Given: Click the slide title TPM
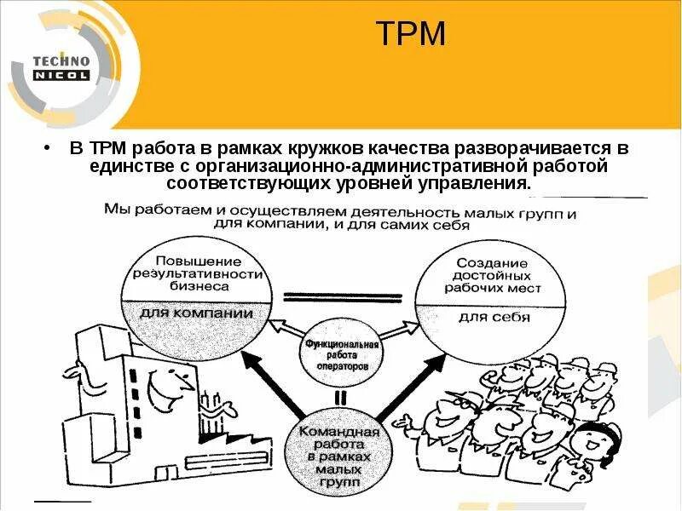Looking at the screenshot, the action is coord(411,34).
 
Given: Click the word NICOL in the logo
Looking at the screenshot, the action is coord(61,75).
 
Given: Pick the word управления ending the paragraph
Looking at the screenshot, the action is coord(481,183).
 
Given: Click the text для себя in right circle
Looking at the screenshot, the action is coord(494,318).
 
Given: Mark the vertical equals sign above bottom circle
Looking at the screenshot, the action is coord(340,397).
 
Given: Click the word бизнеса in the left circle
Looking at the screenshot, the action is coord(197,288).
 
